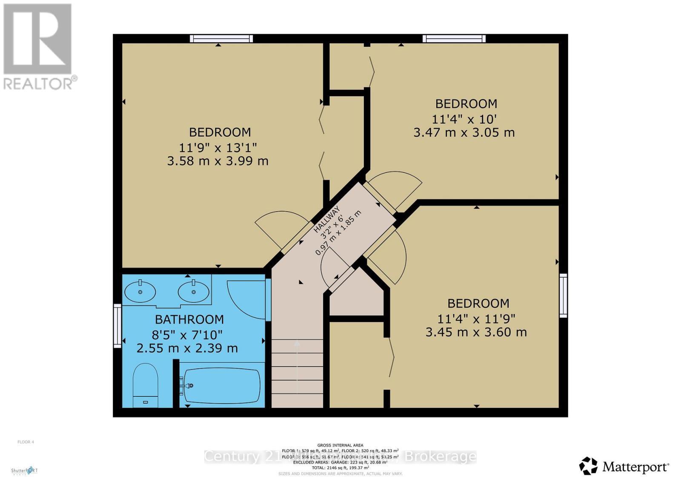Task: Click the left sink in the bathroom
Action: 140,292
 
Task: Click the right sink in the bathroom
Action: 194,292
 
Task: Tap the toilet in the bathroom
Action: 145,385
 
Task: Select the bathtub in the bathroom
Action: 222,385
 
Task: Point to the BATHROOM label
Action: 189,319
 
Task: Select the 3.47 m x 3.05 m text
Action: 464,132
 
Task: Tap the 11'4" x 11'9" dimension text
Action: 476,318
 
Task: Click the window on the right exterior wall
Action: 563,296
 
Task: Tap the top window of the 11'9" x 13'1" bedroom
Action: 221,39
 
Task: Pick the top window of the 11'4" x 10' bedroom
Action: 454,39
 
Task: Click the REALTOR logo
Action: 38,47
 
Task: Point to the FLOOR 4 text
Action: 26,442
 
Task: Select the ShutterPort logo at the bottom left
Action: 24,471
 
